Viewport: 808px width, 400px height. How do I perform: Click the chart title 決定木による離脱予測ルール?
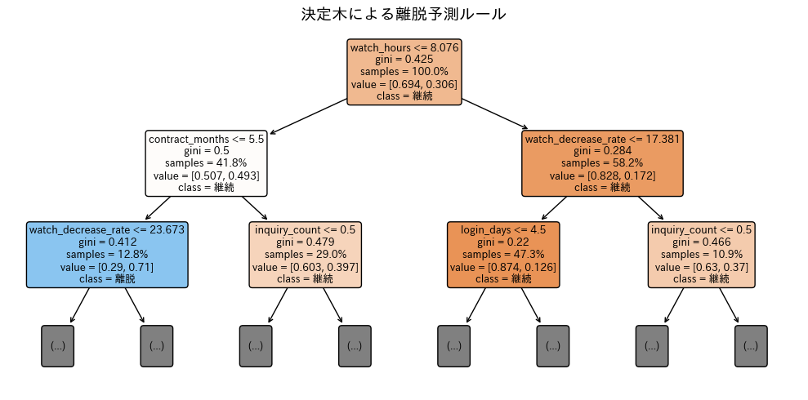pos(404,15)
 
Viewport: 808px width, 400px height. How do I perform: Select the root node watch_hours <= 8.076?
pos(404,72)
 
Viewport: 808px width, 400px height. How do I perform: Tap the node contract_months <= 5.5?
pos(207,163)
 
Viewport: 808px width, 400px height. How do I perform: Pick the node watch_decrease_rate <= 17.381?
pos(602,163)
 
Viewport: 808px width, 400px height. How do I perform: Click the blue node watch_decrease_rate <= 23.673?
pos(107,254)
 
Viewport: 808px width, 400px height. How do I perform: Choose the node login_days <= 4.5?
pos(503,254)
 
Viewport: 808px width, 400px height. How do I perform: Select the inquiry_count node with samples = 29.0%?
pos(306,254)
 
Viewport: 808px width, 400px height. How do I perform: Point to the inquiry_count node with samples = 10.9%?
pos(701,254)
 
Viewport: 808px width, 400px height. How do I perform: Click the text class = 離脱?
pos(107,278)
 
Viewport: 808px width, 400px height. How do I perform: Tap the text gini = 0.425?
pos(404,60)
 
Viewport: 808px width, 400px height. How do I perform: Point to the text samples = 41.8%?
pos(207,163)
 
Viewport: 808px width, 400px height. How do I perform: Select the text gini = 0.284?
pos(602,151)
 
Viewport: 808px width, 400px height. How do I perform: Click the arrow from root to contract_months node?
pos(309,116)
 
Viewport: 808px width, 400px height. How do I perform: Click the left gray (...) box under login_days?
pos(453,345)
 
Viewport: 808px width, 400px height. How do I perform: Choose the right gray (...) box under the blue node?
pos(157,345)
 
